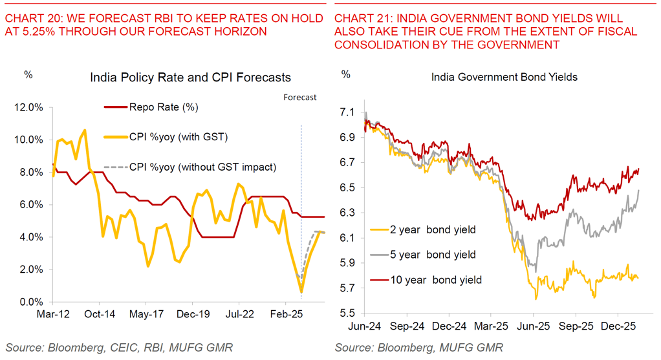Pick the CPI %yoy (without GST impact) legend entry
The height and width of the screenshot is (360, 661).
pyautogui.click(x=202, y=167)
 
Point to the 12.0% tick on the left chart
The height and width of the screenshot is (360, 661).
pyautogui.click(x=30, y=107)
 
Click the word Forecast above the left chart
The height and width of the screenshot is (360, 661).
pyautogui.click(x=300, y=97)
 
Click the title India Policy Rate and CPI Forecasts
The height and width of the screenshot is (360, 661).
pyautogui.click(x=191, y=78)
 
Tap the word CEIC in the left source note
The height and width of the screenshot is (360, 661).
pyautogui.click(x=119, y=348)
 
